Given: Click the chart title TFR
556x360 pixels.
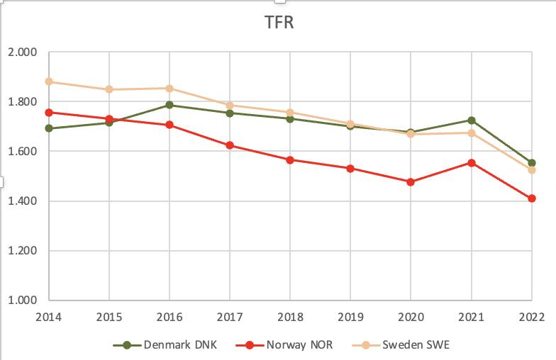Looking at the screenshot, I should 277,23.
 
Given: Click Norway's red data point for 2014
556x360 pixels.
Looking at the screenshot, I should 49,112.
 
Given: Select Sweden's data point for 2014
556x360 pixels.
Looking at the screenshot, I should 49,81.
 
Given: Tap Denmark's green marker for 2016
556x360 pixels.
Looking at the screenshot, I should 169,105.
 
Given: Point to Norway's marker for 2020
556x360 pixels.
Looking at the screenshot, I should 411,181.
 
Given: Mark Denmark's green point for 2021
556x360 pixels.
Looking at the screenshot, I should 471,120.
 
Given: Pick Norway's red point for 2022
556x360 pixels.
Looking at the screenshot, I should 531,198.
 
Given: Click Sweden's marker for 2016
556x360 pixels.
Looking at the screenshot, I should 169,89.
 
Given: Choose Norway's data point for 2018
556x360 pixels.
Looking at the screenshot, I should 290,159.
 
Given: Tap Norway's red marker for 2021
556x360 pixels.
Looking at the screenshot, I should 471,162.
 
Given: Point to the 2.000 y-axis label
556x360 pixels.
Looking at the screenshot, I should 23,52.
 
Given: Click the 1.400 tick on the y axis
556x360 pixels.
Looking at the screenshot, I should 23,201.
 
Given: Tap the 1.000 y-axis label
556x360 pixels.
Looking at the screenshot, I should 23,300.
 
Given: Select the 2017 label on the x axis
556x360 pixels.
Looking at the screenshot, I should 230,316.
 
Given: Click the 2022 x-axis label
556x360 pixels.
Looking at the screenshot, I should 531,316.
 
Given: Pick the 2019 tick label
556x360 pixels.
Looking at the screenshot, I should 350,316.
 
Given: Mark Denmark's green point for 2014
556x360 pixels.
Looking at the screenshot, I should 49,128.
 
